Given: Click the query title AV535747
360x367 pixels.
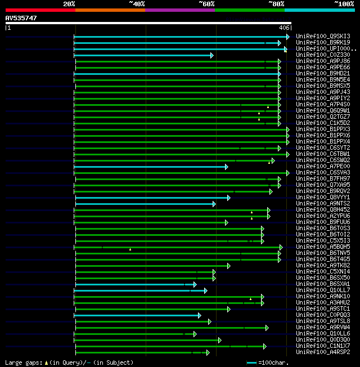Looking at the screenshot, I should tap(21, 18).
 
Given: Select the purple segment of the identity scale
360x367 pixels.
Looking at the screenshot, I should tap(179, 10).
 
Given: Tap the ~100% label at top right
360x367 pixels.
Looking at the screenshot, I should tap(344, 3).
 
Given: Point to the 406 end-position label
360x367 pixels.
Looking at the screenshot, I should tap(284, 27).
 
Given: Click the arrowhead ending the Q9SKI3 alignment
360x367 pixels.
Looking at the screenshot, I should tap(288, 37).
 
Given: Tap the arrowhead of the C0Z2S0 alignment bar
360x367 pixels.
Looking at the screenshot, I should tap(211, 55).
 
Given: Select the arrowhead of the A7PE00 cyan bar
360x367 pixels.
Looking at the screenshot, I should tap(226, 167).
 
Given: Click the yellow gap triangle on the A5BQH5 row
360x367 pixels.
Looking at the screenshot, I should tap(130, 249).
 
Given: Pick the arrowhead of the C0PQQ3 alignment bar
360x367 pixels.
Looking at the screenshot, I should tap(199, 315).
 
